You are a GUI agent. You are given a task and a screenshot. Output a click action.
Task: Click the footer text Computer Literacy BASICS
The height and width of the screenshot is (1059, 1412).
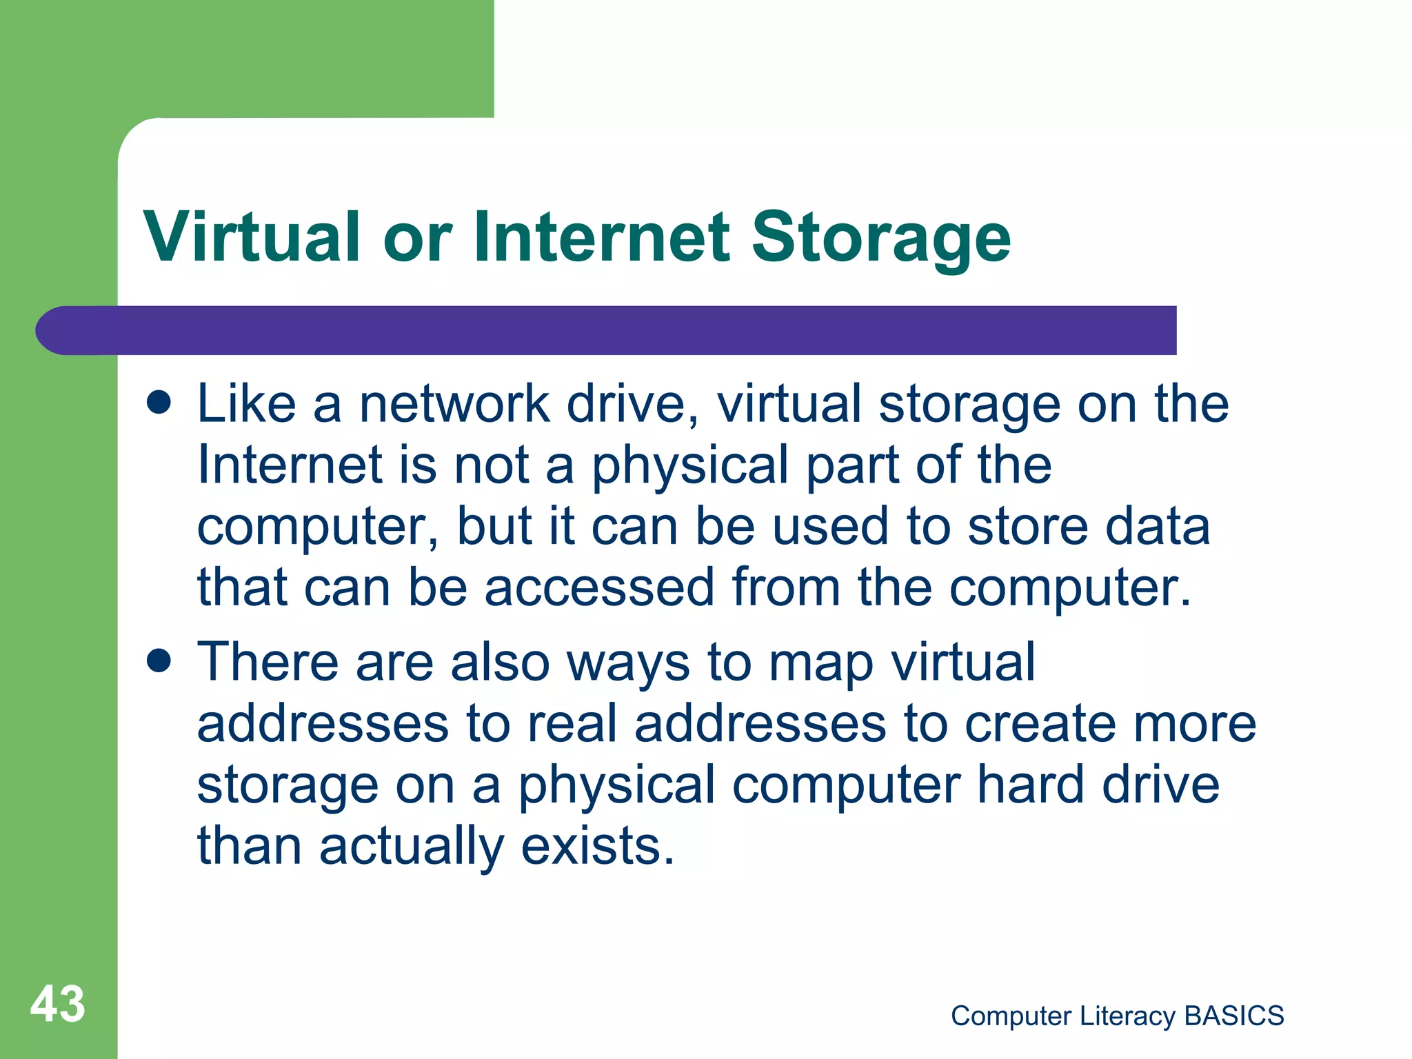coord(1117,1016)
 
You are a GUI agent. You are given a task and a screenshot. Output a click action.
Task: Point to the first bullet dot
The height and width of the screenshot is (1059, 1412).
coord(159,403)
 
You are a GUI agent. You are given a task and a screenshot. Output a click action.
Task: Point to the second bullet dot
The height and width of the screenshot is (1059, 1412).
coord(159,662)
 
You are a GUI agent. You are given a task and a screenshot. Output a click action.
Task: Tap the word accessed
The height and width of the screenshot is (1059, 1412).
coord(598,587)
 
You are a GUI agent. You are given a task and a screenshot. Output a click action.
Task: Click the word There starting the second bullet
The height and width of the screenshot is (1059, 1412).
coord(268,662)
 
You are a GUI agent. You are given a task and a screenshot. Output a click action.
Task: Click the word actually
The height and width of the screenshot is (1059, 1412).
coord(412,847)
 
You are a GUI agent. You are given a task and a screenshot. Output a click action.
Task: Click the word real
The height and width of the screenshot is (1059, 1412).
coord(572,724)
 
